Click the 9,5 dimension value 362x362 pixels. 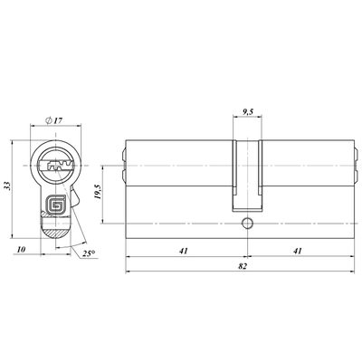click(247, 112)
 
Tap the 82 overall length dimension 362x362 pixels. click(243, 266)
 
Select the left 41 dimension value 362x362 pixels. click(184, 251)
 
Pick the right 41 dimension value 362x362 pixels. click(298, 251)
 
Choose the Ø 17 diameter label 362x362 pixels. click(53, 120)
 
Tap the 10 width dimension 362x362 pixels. click(21, 250)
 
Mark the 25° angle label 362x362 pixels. click(89, 253)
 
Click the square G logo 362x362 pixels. click(56, 205)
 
